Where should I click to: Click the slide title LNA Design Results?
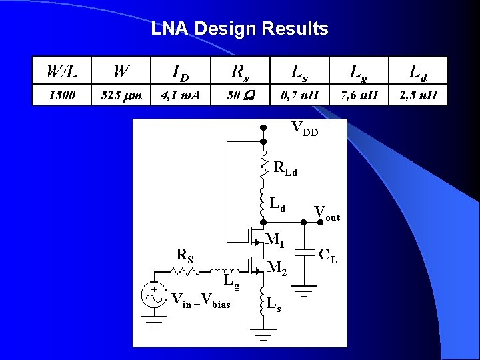point(239,29)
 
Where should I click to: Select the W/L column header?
point(61,71)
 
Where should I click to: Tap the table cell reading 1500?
point(61,95)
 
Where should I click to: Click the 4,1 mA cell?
point(179,95)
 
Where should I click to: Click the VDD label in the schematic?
point(305,127)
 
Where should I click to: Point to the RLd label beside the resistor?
point(285,169)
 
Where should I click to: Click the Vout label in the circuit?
point(327,213)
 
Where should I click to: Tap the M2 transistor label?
point(277,268)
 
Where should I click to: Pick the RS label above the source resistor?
point(185,254)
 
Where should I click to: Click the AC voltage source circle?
point(153,296)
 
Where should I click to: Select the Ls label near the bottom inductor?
point(273,305)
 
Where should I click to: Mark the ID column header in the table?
point(179,71)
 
